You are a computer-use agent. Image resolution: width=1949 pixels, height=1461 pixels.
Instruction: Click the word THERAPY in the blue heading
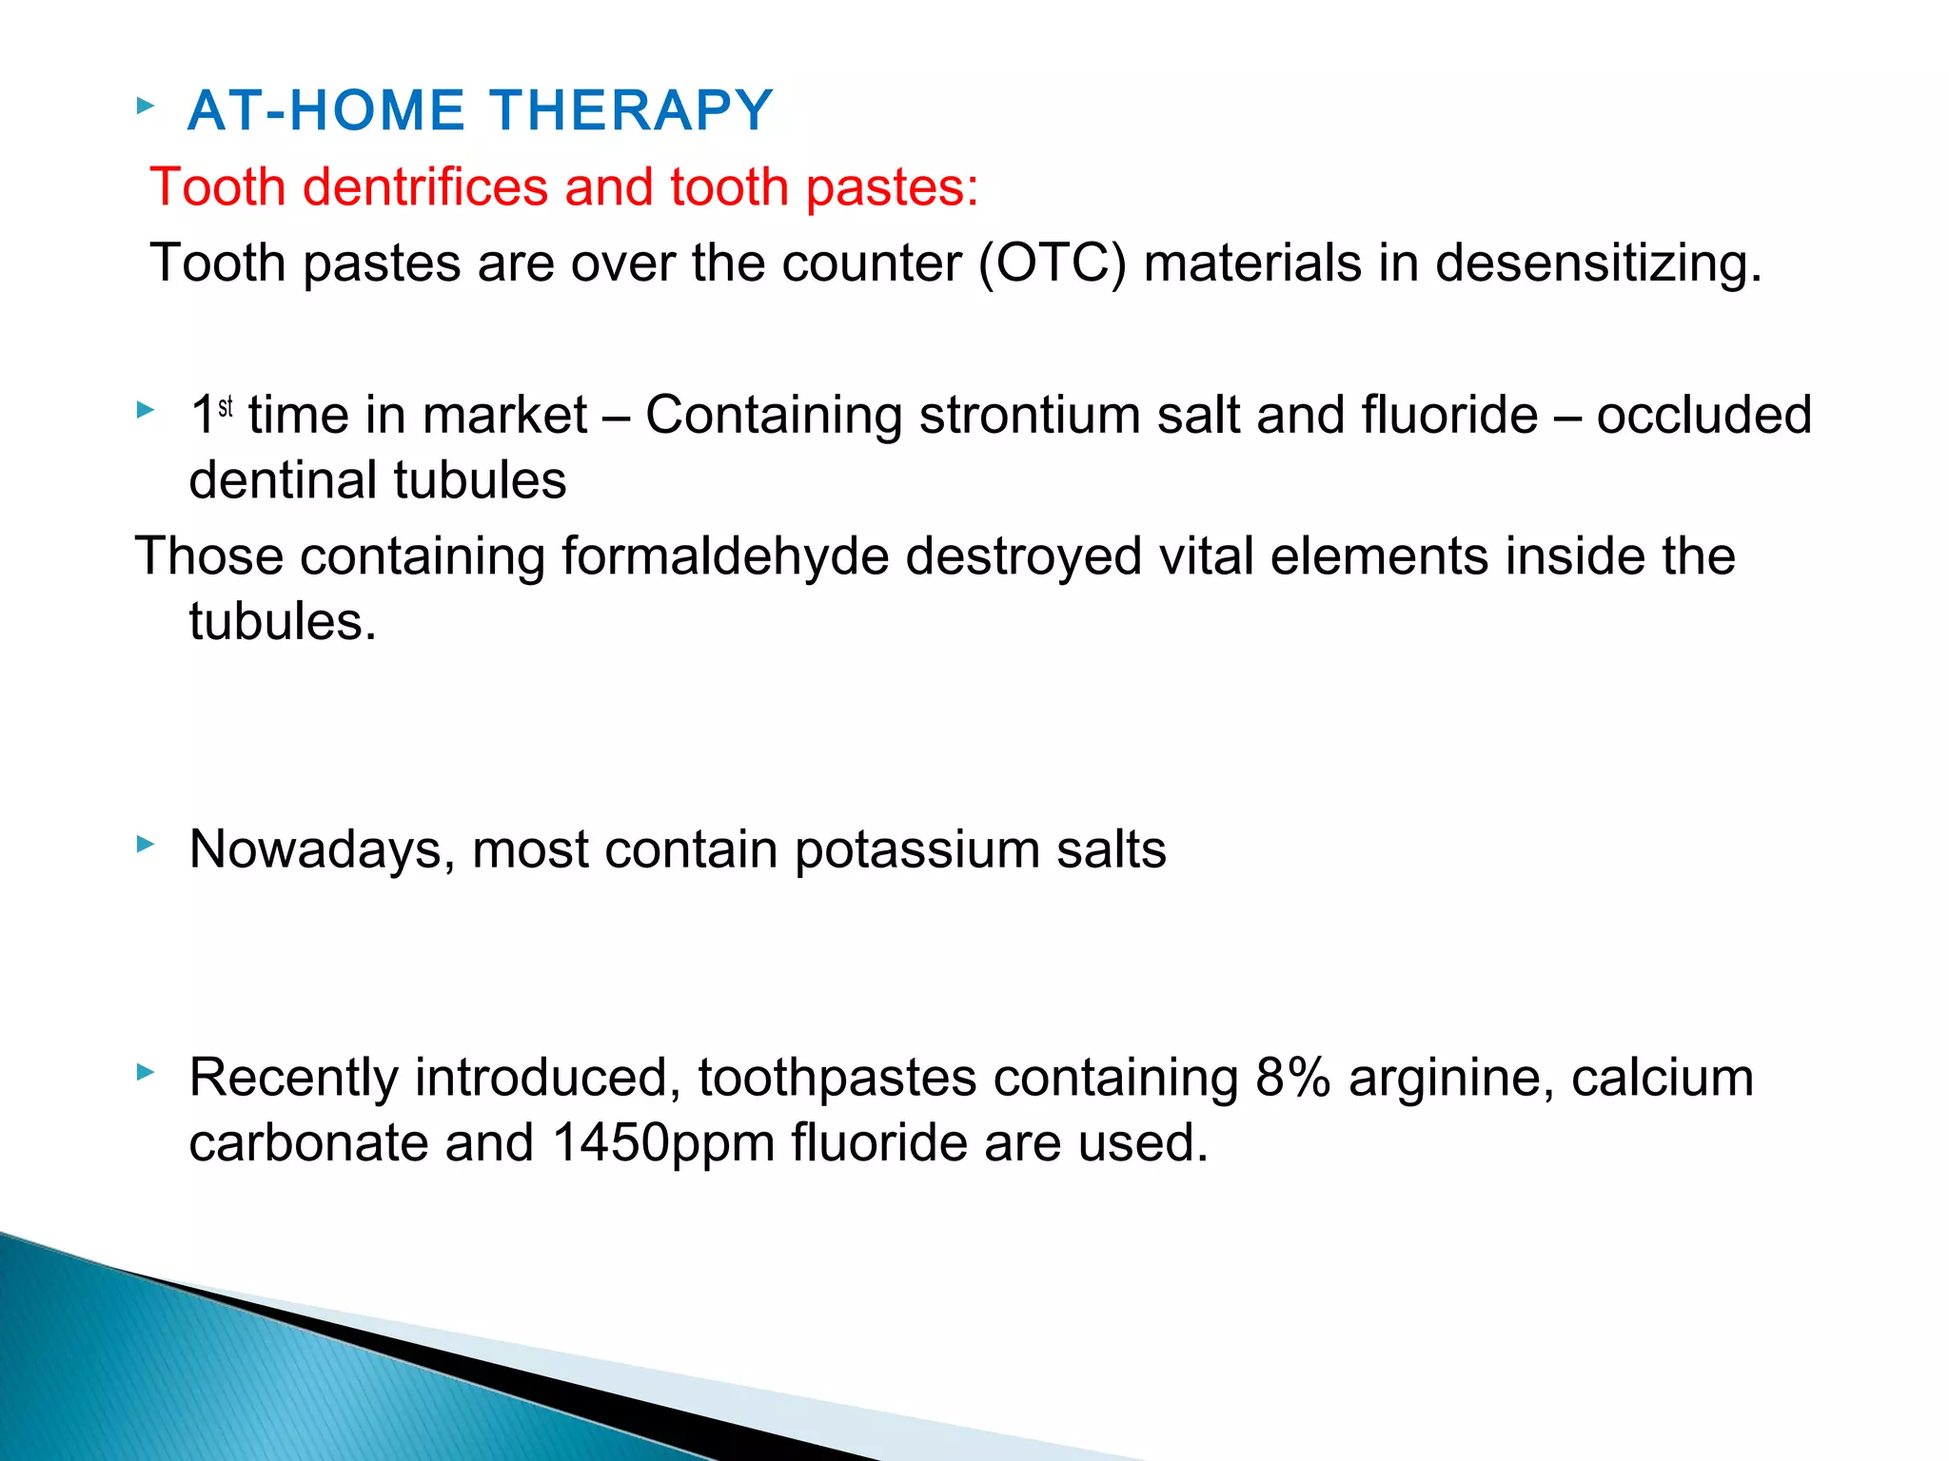click(x=632, y=110)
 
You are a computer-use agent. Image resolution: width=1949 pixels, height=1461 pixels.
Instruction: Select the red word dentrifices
click(x=425, y=186)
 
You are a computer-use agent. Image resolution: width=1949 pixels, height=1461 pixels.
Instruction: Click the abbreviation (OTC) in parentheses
click(x=1053, y=263)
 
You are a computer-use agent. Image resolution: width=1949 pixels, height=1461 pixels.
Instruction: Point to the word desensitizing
click(x=1598, y=264)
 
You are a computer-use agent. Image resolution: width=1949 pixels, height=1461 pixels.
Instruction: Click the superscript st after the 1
click(x=226, y=407)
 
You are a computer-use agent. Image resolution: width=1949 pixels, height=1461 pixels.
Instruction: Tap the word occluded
click(x=1703, y=416)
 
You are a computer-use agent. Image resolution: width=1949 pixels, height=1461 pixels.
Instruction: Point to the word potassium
click(x=916, y=850)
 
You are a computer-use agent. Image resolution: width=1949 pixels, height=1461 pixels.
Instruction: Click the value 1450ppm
click(x=662, y=1143)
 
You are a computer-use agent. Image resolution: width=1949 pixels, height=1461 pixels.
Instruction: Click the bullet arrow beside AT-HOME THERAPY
click(x=145, y=105)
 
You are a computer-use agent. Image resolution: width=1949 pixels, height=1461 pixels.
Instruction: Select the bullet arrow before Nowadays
click(x=145, y=843)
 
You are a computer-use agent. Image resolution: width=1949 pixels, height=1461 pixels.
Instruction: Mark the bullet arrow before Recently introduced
click(x=145, y=1072)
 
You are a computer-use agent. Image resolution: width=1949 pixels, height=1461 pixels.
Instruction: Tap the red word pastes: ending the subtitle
click(x=892, y=188)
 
